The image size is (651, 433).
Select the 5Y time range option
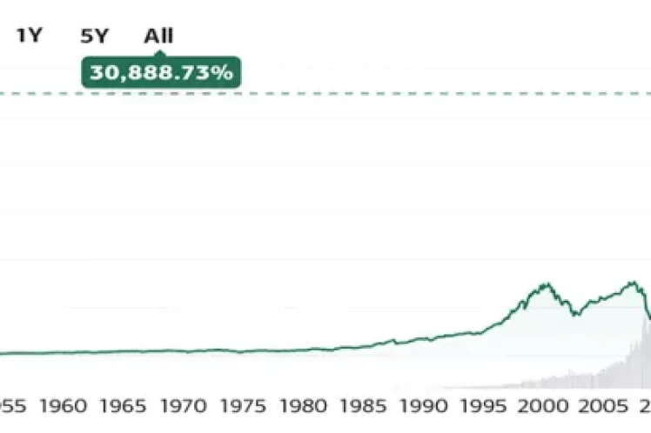94,37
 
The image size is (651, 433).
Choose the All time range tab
158,37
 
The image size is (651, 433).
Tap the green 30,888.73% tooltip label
161,72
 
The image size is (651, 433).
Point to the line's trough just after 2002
574,315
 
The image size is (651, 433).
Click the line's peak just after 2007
634,282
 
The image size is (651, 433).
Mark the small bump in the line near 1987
393,339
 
